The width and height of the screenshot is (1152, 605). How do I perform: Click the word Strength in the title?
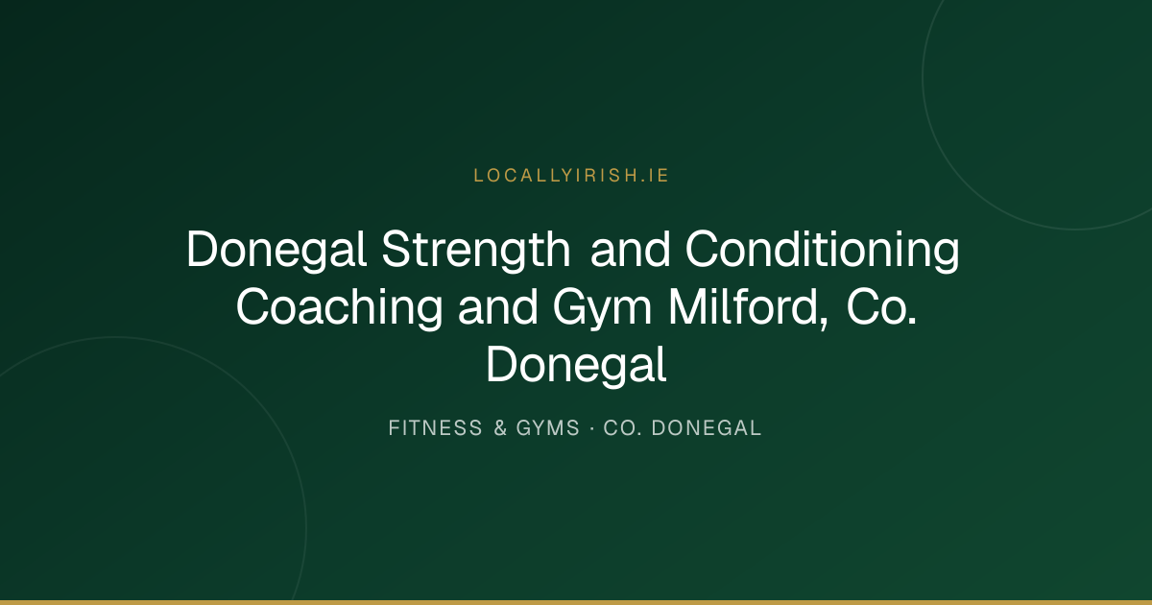[x=476, y=250]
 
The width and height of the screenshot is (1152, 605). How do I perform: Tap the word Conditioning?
[x=822, y=250]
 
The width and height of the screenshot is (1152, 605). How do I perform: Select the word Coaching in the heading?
[x=339, y=307]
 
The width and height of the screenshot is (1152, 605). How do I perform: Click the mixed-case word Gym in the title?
[x=602, y=307]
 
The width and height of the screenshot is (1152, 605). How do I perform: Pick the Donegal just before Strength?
[x=276, y=250]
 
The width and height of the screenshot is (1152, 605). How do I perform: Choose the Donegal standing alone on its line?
[x=576, y=365]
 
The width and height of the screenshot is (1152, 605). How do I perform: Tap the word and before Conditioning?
[x=630, y=250]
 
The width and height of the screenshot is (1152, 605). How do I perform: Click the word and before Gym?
[x=497, y=306]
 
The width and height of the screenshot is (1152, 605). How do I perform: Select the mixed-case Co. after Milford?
[x=881, y=306]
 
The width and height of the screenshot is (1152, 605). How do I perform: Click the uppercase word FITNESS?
[x=435, y=428]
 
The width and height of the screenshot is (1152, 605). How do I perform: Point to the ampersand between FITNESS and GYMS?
[x=500, y=428]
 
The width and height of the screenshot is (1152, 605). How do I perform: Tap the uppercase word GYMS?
[x=548, y=428]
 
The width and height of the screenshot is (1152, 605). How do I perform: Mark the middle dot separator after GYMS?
[x=592, y=428]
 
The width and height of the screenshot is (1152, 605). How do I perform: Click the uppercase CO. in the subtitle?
[x=622, y=428]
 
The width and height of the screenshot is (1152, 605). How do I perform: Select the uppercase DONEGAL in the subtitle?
[x=707, y=428]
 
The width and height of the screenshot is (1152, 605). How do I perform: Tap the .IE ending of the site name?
[x=655, y=176]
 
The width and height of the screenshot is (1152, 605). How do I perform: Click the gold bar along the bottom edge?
[x=576, y=602]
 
